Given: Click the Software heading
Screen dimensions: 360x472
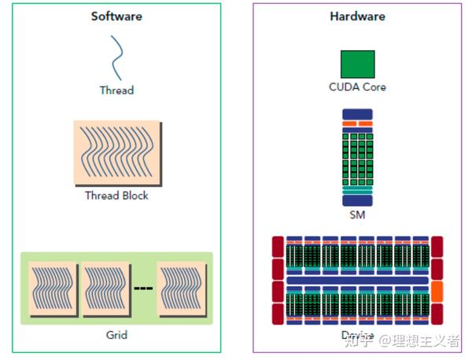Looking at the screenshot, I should point(116,17).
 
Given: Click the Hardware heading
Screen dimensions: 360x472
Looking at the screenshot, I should point(356,17).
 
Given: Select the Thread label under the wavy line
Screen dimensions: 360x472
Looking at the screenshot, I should point(116,90).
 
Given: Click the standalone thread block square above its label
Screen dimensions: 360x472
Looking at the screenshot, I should point(116,153).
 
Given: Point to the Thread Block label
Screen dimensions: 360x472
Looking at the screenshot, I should point(116,195).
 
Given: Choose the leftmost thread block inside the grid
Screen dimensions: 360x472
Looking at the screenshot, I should point(53,288).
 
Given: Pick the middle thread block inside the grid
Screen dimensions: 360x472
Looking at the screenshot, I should point(105,288).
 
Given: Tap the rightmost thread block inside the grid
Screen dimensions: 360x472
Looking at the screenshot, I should point(182,288).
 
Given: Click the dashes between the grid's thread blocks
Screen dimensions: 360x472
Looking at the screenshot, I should point(143,288).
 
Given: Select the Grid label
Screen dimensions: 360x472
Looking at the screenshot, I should point(116,335).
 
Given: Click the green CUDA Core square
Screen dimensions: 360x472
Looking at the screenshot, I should point(357,64).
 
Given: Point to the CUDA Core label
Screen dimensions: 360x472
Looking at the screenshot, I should point(357,87).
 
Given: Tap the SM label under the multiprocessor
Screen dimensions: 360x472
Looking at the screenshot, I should point(357,214).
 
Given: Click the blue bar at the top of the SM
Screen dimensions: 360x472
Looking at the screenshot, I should point(357,114).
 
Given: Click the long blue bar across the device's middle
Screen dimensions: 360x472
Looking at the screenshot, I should point(357,280).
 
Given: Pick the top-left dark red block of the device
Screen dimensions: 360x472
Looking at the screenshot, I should point(278,245).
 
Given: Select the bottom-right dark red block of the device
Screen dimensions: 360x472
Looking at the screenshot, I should point(437,314).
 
